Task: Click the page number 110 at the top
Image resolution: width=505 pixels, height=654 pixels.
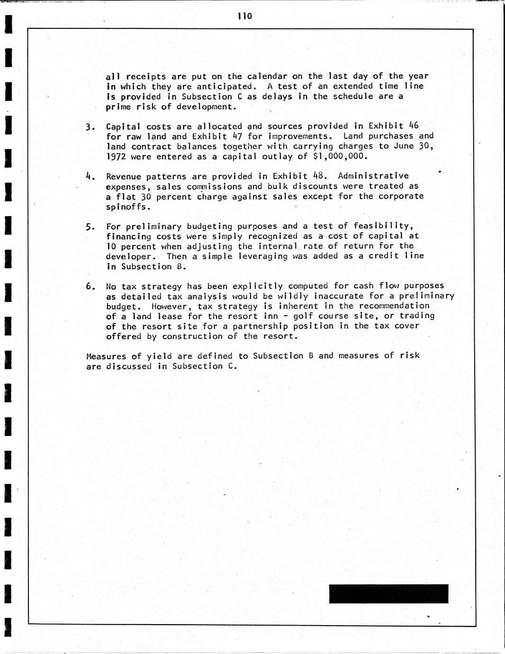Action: click(245, 17)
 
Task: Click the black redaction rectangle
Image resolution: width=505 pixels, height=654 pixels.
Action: click(388, 594)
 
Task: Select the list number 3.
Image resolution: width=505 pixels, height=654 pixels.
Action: click(90, 127)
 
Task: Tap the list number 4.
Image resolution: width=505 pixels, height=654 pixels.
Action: click(90, 177)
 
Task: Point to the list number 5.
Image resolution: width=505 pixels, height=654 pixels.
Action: click(90, 227)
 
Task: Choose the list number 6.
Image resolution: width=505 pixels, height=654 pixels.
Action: click(90, 287)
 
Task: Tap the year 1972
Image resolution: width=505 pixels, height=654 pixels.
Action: click(116, 156)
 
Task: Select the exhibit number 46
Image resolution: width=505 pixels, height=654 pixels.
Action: click(413, 126)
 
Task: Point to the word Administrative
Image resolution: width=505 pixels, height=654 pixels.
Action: click(373, 176)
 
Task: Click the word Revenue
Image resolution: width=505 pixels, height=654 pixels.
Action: click(124, 176)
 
